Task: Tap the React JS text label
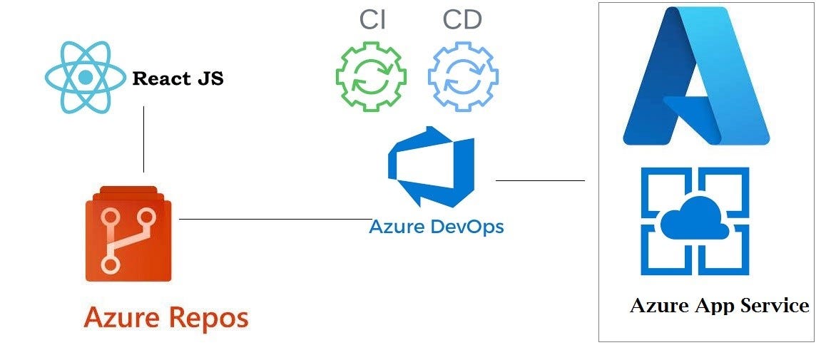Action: click(178, 78)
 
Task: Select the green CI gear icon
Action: click(371, 76)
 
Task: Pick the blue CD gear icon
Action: click(463, 76)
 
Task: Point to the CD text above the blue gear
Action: click(462, 20)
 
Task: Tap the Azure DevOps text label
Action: click(436, 227)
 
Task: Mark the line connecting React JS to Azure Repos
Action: click(144, 139)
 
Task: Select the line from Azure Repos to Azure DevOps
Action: click(275, 219)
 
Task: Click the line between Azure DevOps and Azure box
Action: click(540, 180)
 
